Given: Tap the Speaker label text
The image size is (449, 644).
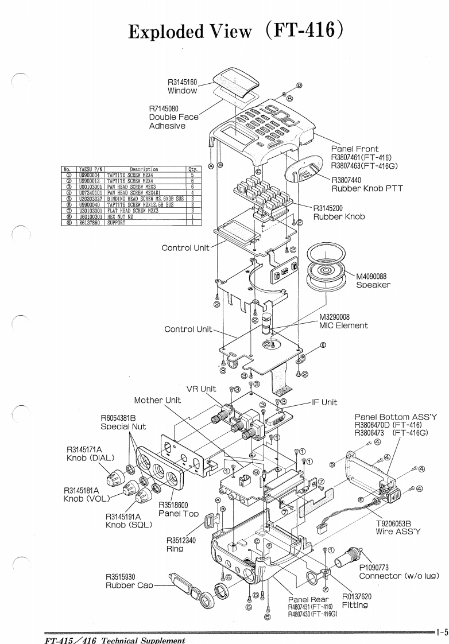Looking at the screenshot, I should coord(373,284).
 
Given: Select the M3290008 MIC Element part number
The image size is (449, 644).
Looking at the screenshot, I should coord(339,316).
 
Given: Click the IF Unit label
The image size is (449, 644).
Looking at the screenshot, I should coord(324,403).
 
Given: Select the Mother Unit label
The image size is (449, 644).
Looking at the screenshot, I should coord(157,400).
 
